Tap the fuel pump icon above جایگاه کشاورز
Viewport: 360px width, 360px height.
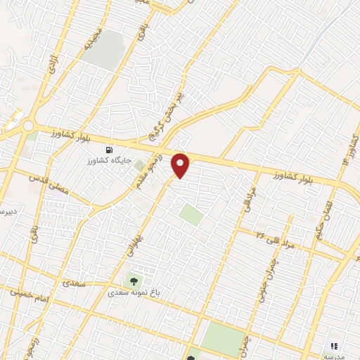(109, 149)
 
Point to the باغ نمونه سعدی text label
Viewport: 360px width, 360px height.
(133, 289)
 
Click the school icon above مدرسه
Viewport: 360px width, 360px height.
(334, 347)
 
